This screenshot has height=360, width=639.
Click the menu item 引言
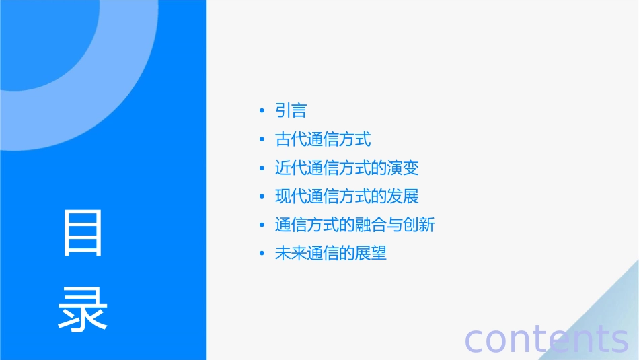pyautogui.click(x=291, y=111)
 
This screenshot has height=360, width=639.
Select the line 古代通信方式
pyautogui.click(x=323, y=140)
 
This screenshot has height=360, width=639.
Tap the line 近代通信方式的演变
pyautogui.click(x=347, y=168)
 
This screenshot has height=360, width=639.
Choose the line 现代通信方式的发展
pyautogui.click(x=347, y=196)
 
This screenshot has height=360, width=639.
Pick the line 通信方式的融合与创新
pyautogui.click(x=355, y=225)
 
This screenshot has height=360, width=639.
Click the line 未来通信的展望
pyautogui.click(x=331, y=254)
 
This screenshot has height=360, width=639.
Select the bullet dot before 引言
pyautogui.click(x=262, y=111)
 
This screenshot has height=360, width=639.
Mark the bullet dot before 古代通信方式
pyautogui.click(x=262, y=140)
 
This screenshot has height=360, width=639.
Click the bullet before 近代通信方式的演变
pyautogui.click(x=262, y=168)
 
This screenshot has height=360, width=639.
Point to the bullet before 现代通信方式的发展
pyautogui.click(x=262, y=196)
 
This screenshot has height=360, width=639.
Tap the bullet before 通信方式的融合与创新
pyautogui.click(x=262, y=225)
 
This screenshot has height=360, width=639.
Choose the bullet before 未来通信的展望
pyautogui.click(x=262, y=254)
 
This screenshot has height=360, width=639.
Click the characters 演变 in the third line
pyautogui.click(x=403, y=168)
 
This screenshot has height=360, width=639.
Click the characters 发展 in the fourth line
pyautogui.click(x=403, y=196)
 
